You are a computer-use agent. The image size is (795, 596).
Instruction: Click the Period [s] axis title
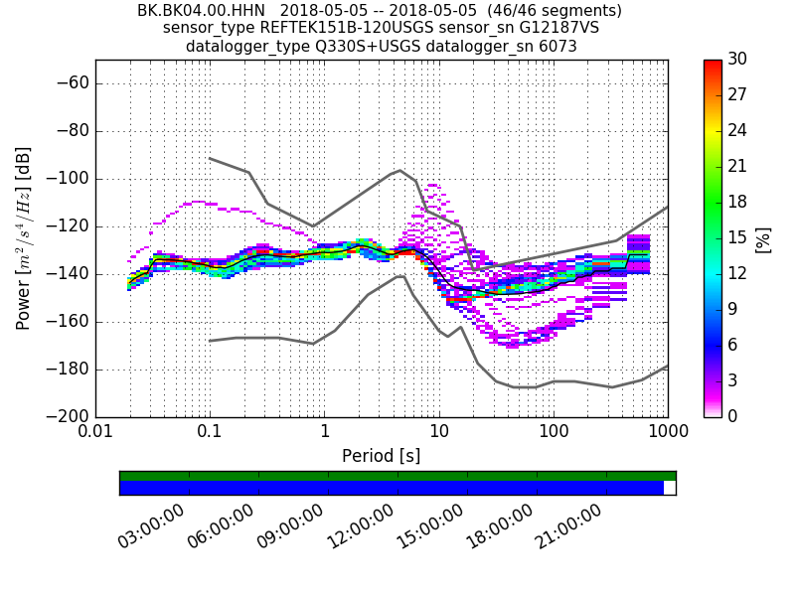point(381,456)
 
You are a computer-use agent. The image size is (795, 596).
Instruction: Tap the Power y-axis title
point(24,238)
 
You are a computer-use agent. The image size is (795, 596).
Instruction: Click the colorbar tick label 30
point(737,60)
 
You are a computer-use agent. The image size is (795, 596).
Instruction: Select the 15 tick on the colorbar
point(737,237)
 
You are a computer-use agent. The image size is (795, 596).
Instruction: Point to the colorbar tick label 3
point(733,380)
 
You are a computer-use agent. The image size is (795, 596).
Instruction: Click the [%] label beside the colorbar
point(763,238)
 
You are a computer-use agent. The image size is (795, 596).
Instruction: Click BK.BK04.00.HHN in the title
point(201,11)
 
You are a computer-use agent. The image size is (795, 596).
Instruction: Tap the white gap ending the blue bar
point(669,488)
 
